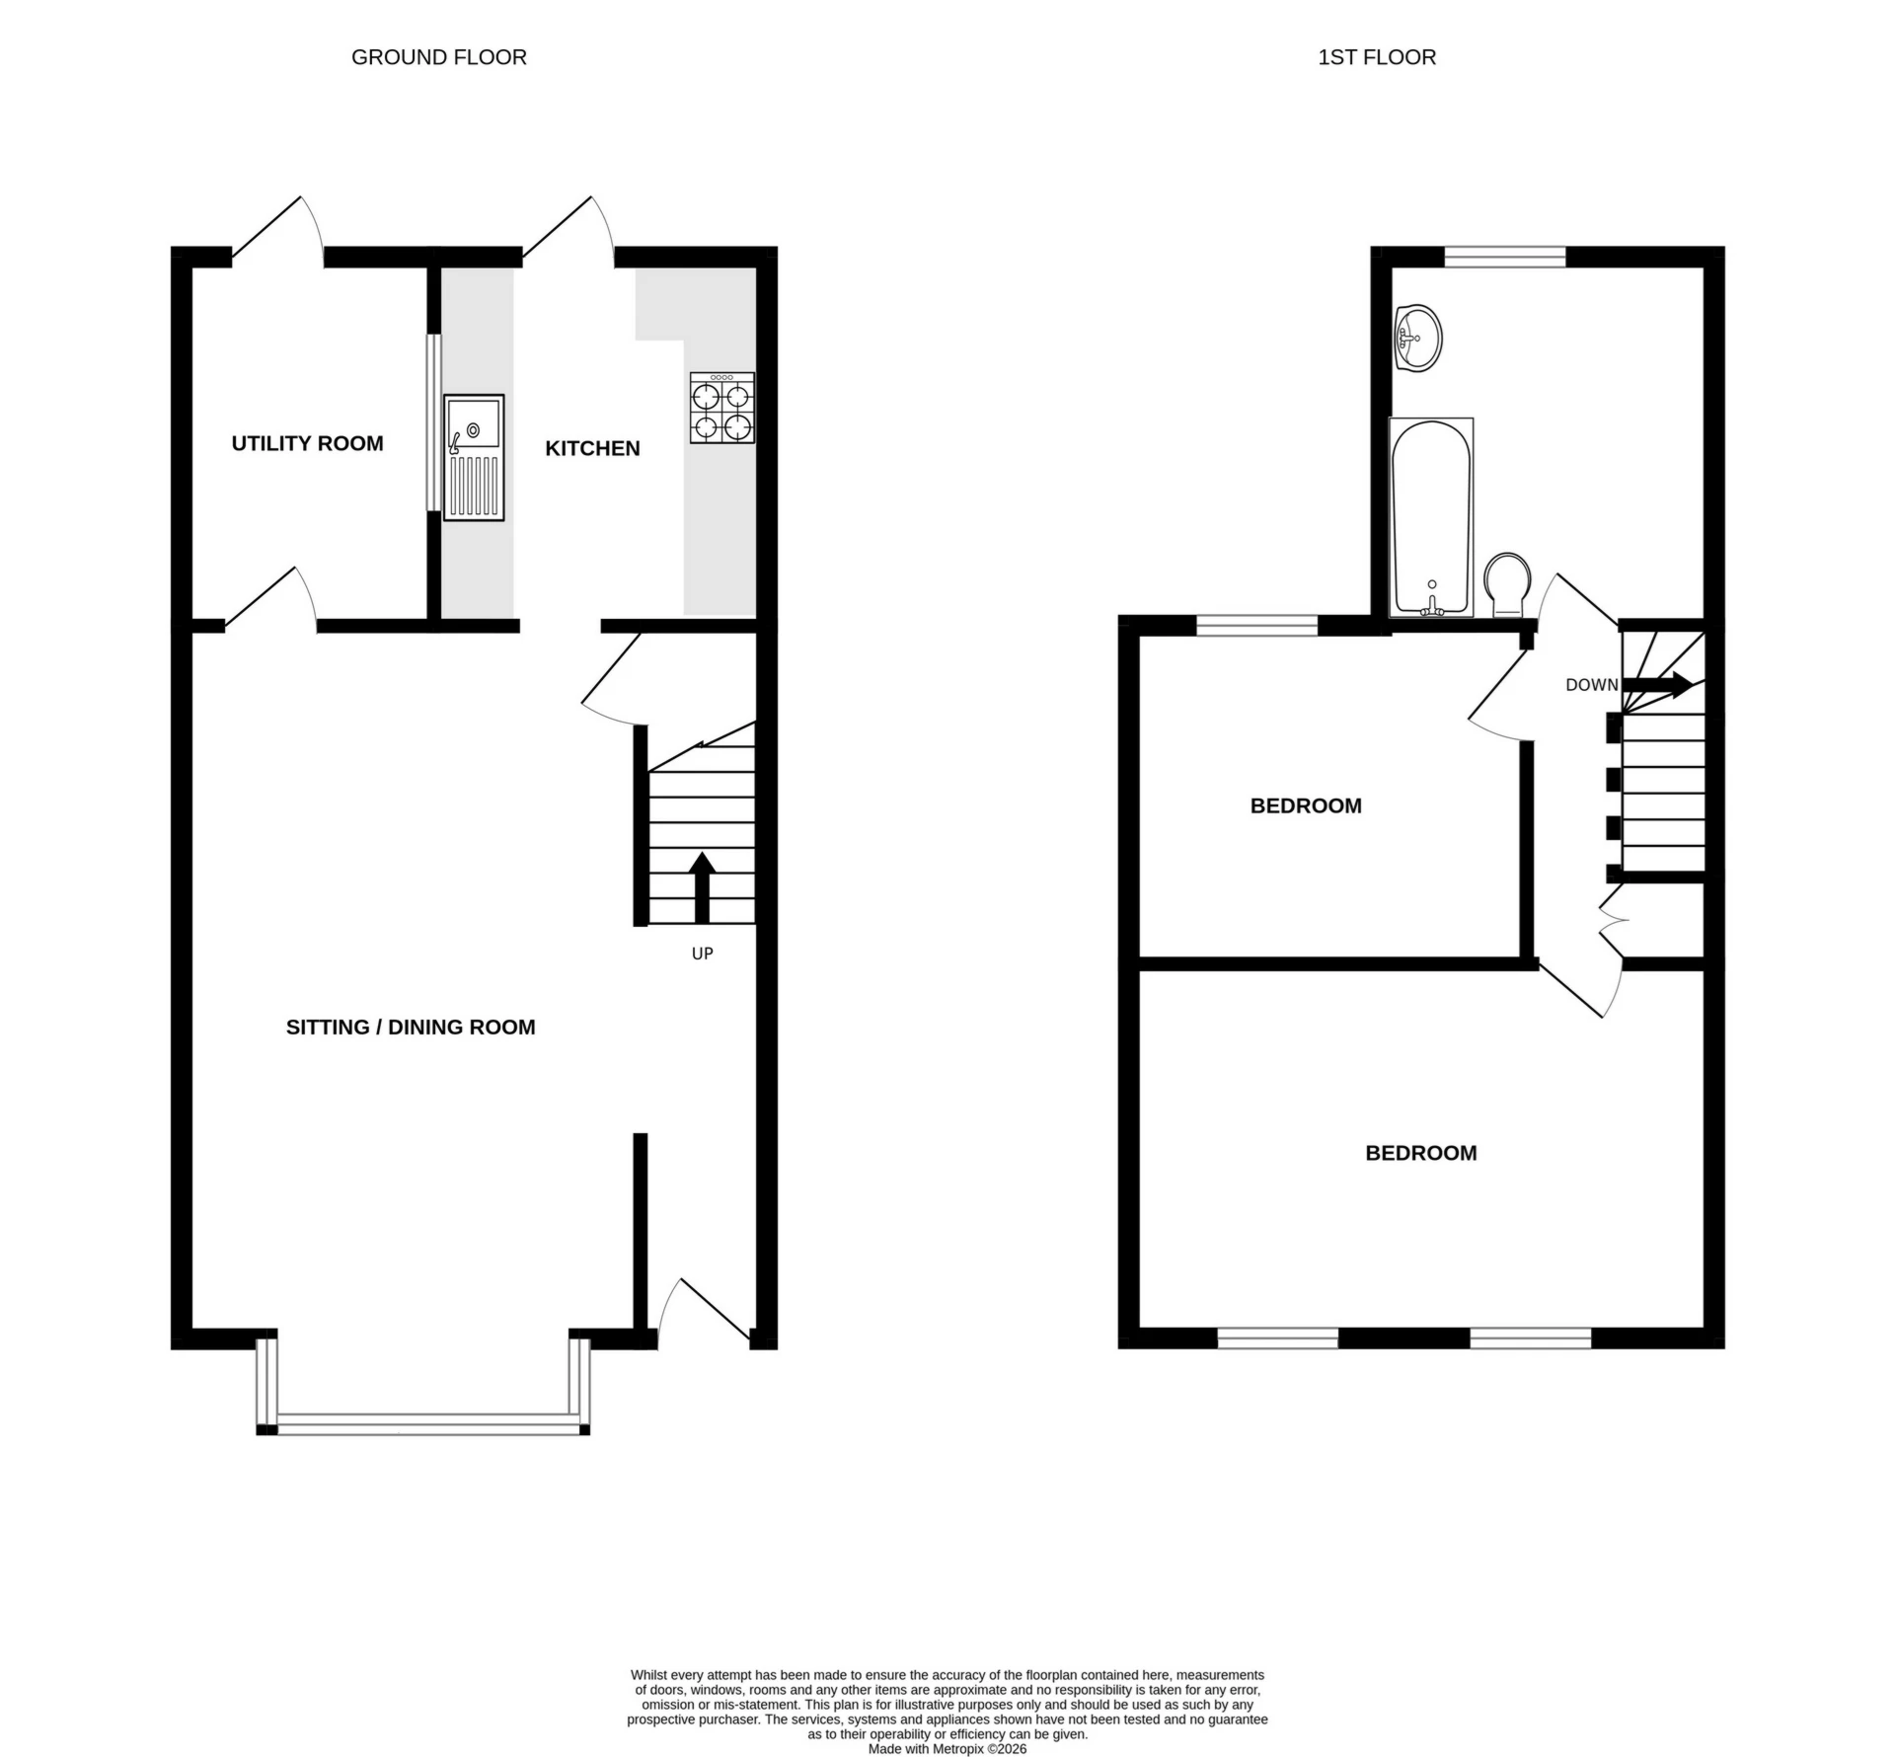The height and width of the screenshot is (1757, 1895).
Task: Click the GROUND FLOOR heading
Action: coord(438,57)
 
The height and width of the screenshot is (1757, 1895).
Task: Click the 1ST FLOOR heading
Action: coord(1376,57)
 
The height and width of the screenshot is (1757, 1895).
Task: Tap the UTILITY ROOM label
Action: coord(307,443)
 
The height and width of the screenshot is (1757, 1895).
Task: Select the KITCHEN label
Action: coord(592,448)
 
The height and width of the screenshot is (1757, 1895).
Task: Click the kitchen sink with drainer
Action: coord(474,457)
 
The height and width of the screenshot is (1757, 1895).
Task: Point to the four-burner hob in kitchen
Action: coord(721,408)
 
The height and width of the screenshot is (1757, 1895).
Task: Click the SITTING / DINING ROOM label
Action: coord(410,1027)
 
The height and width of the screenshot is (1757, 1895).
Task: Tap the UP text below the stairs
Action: coord(702,954)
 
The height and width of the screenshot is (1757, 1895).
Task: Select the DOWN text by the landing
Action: coord(1591,685)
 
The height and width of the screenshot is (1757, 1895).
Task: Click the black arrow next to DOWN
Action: coord(1658,684)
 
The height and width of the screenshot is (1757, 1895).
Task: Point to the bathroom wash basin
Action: coord(1418,338)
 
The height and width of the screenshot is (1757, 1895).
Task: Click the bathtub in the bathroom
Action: coord(1431,516)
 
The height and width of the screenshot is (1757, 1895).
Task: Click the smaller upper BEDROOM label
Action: coord(1305,805)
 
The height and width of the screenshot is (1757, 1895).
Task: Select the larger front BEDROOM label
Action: coord(1420,1153)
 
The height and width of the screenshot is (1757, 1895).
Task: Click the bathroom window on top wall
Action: coord(1504,257)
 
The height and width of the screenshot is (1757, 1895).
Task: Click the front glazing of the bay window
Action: coord(424,1421)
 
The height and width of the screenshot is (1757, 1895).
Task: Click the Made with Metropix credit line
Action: coord(947,1748)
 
